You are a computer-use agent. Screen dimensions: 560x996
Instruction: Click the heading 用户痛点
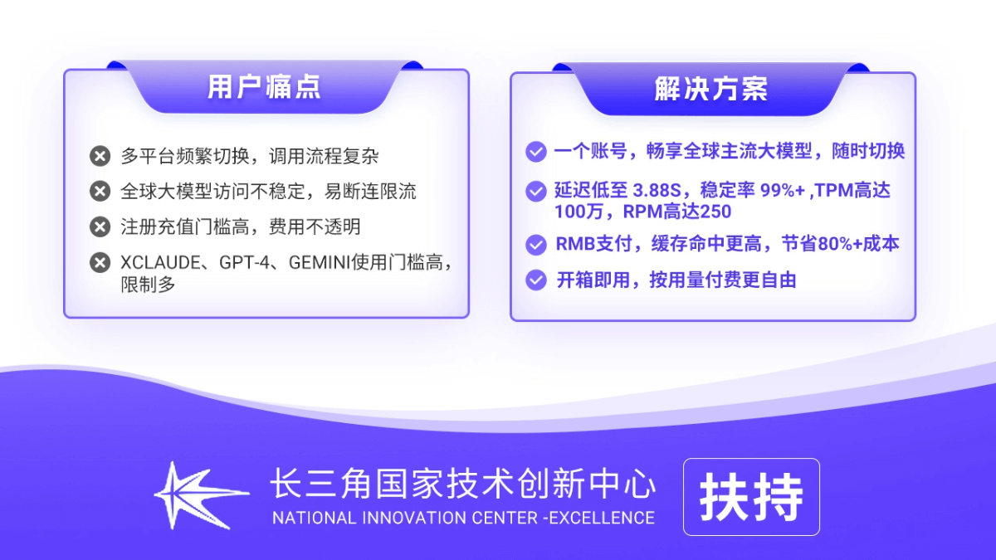tap(263, 87)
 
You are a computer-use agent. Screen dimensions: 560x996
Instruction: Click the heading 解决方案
tap(710, 89)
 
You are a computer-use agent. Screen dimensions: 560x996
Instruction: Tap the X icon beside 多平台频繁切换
tap(100, 156)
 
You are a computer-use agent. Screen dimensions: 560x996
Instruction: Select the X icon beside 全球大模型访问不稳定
tap(100, 192)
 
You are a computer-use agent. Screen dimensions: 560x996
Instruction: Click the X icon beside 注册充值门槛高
tap(100, 227)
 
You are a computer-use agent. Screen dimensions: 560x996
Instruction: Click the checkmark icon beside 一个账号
tap(536, 152)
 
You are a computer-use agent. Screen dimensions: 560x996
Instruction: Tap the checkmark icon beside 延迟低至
tap(536, 192)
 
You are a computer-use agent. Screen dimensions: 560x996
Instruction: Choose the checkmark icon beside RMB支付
tap(536, 244)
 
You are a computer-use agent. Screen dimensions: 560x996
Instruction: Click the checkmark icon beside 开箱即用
tap(536, 280)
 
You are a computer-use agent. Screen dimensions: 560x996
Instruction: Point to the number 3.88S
tap(656, 191)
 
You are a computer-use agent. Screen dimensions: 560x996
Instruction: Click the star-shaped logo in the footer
tap(199, 495)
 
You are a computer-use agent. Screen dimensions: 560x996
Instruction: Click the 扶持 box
tap(751, 497)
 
